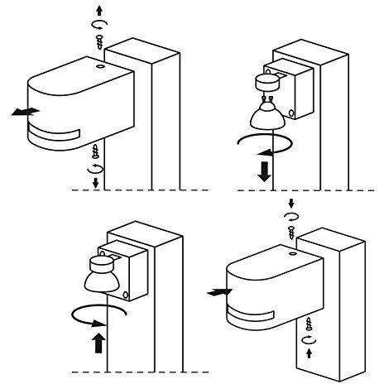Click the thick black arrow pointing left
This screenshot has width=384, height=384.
coord(24,111)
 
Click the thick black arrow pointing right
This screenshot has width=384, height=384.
coord(218,291)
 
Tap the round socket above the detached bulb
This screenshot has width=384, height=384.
coord(267,82)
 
